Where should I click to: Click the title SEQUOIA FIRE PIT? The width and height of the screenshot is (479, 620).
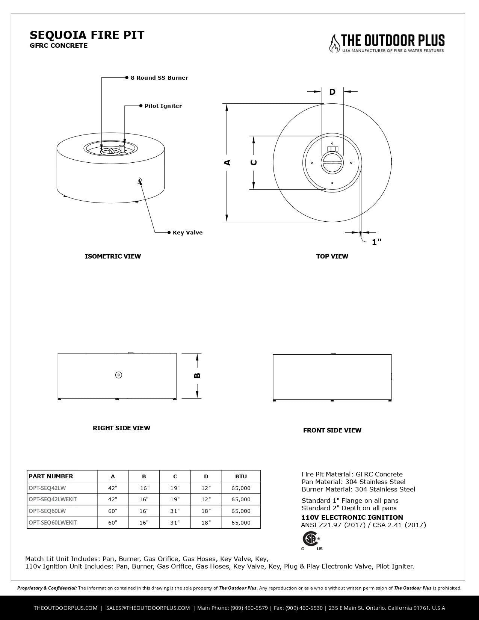point(87,35)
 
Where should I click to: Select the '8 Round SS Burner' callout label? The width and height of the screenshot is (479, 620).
point(159,78)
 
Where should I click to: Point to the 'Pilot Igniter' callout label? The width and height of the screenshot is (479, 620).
point(163,106)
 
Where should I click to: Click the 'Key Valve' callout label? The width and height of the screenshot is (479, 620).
point(187,233)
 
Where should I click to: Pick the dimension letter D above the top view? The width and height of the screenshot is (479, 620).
point(332,92)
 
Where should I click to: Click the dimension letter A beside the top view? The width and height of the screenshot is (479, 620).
point(227,162)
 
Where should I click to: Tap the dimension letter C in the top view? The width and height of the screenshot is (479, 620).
point(254,162)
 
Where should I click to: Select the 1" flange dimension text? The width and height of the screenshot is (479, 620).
point(376,242)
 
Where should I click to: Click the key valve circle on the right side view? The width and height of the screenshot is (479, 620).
point(118,375)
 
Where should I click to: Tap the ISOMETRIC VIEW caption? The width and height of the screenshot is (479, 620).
point(113,256)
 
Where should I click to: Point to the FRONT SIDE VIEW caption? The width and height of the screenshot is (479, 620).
point(332,430)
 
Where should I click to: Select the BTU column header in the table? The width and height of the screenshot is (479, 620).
point(241,476)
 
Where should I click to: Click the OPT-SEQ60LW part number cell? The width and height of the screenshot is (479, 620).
point(47,511)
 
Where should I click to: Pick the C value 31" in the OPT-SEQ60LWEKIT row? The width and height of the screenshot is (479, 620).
point(175,523)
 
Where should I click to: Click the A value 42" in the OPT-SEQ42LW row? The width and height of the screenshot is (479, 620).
point(113,488)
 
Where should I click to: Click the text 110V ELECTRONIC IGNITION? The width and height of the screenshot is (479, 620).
point(352,517)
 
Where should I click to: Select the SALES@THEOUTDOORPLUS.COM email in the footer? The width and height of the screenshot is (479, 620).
point(148,608)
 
